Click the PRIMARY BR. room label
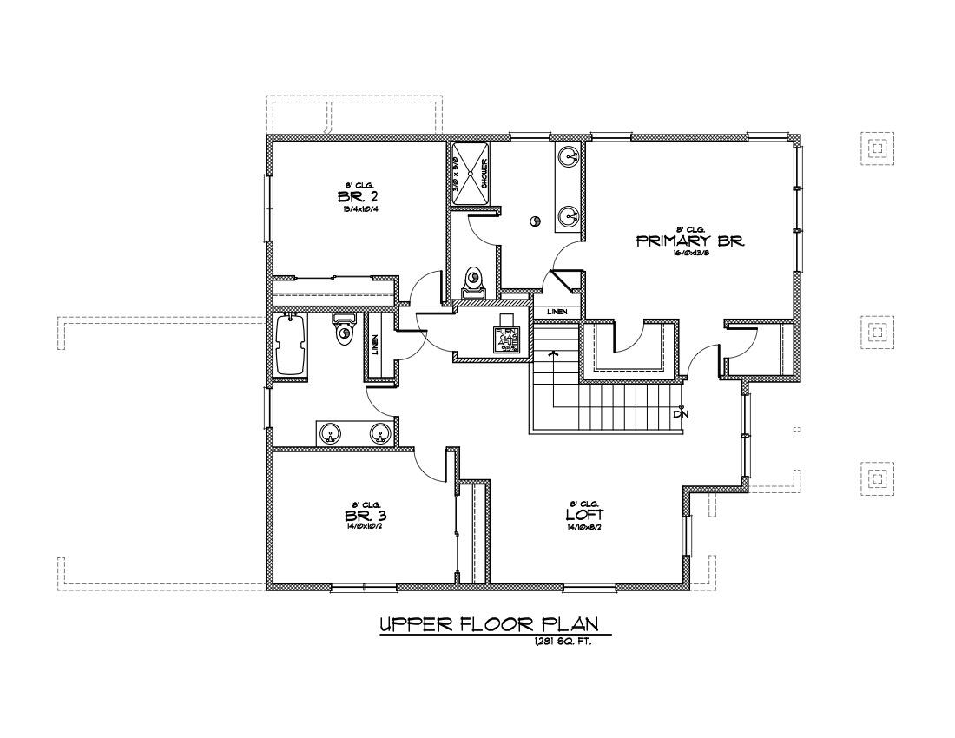691,241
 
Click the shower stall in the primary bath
470,173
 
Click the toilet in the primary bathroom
474,279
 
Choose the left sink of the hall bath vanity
329,433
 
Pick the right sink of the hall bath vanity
379,433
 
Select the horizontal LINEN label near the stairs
557,311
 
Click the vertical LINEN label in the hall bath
375,346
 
